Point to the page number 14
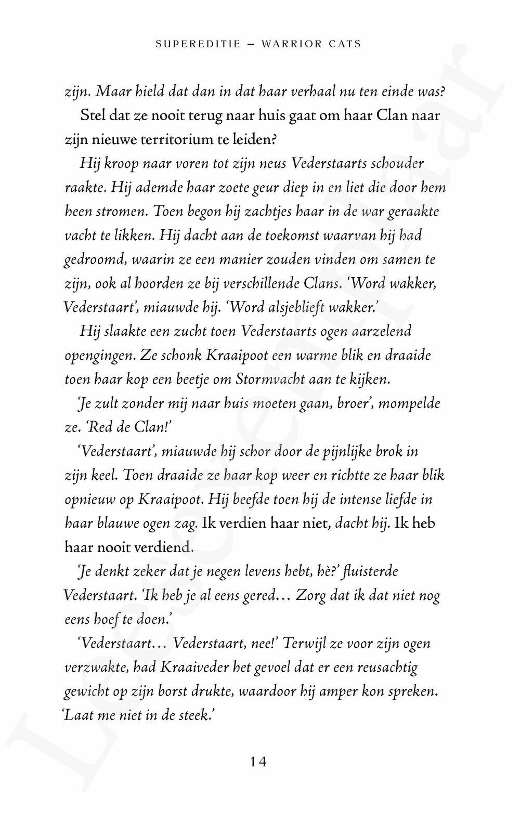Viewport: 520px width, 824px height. click(258, 762)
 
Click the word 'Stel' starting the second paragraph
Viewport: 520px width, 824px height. click(93, 115)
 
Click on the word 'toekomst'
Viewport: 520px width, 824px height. click(292, 236)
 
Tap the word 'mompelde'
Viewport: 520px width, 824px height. click(409, 403)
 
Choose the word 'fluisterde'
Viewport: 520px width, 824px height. click(373, 572)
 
